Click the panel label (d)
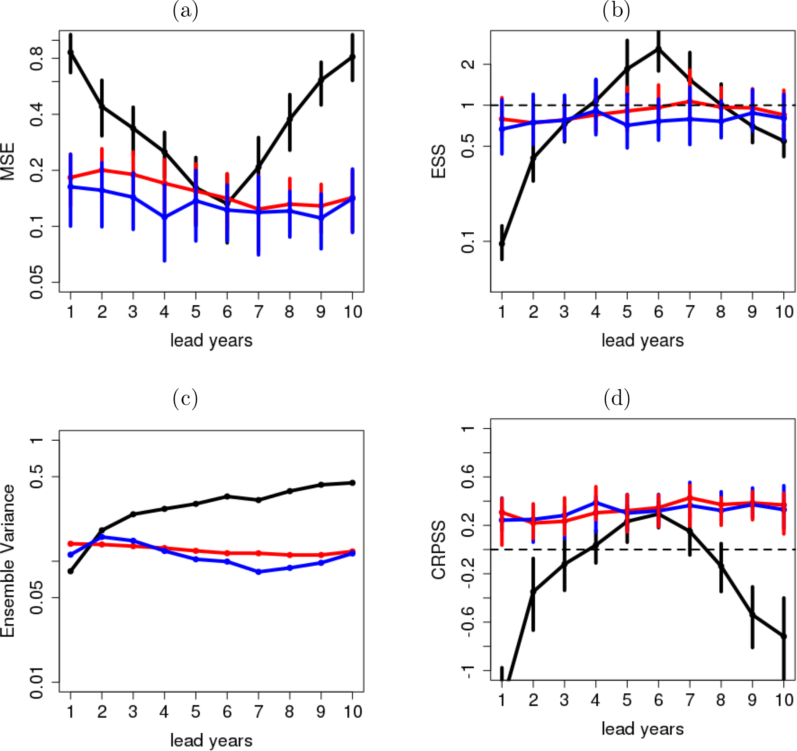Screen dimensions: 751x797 (617, 398)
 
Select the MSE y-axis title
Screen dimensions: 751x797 (7, 162)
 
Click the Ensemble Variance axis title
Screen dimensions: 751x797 (7, 561)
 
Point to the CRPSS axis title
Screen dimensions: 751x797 (439, 550)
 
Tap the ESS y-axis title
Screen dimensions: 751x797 (439, 162)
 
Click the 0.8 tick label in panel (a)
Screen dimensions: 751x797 (36, 58)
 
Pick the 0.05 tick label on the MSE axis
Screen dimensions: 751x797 (36, 282)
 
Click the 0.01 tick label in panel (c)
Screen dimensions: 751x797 (36, 682)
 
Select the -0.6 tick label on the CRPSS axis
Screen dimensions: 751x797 (468, 622)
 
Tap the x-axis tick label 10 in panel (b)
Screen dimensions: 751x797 (784, 312)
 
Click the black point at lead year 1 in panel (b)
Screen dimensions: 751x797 (502, 244)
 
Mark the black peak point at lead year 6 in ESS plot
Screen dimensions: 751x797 (658, 49)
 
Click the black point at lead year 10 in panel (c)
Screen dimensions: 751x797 (353, 483)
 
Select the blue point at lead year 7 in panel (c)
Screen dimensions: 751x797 (259, 572)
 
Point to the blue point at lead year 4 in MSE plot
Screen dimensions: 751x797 (164, 217)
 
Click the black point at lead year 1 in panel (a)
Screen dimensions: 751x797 (70, 52)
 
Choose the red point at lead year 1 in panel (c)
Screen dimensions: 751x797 (70, 544)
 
